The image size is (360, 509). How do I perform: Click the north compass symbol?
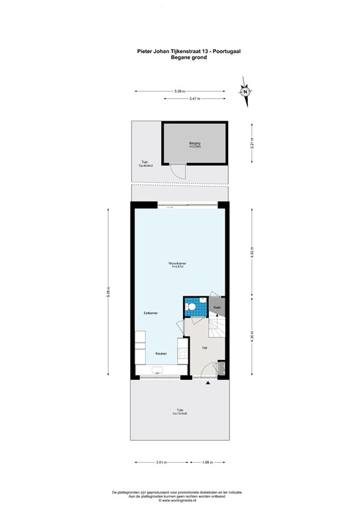pos(245,91)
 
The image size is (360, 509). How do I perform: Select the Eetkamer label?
pos(150,312)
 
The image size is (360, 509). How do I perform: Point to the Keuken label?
pos(161,354)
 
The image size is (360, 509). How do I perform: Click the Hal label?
pos(205,347)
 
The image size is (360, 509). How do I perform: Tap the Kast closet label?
pos(217,308)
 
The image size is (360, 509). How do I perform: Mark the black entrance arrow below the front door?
pos(209,383)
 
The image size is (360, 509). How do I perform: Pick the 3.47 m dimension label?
pos(194,99)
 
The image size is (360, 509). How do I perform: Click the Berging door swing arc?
pos(177,171)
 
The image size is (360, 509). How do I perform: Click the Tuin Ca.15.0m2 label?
pos(180,412)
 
